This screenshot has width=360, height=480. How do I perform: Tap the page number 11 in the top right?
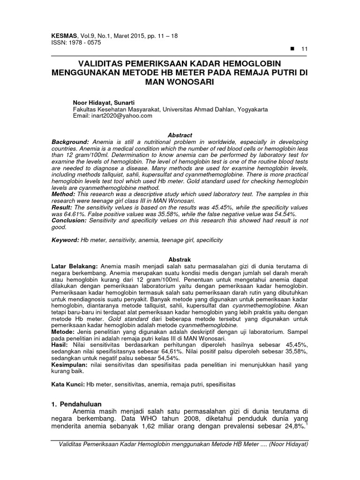pos(304,49)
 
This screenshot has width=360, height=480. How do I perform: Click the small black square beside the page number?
pos(292,49)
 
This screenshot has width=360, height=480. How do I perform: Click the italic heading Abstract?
pos(180,135)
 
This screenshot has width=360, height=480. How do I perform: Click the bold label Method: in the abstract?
pos(64,194)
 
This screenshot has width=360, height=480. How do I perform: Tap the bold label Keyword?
pos(66,240)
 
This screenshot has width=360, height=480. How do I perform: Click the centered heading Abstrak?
pos(180,259)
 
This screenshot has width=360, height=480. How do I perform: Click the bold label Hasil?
pos(60,344)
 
